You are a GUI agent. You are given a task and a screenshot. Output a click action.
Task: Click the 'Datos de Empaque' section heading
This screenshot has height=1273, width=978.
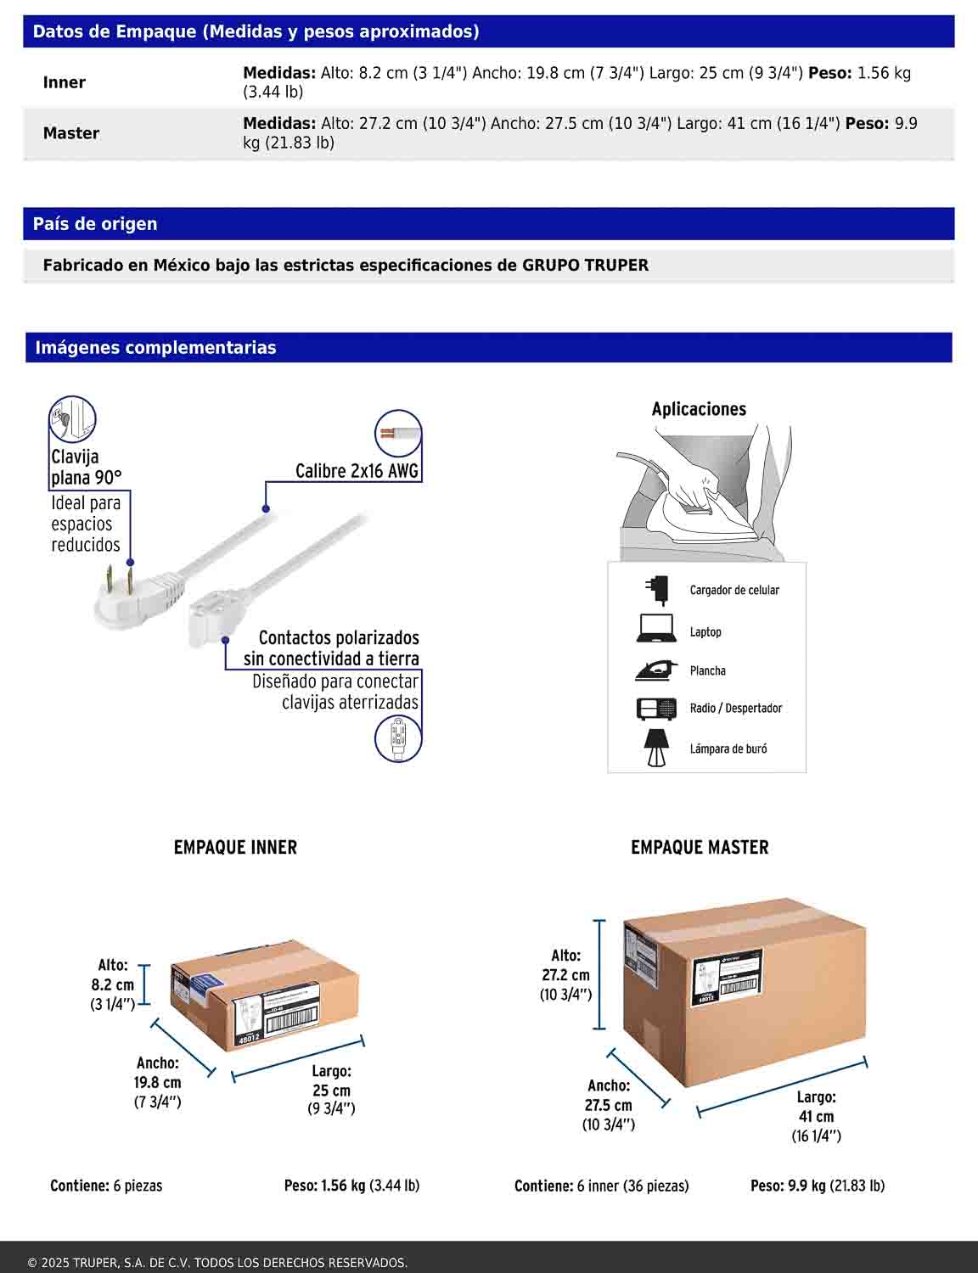(256, 32)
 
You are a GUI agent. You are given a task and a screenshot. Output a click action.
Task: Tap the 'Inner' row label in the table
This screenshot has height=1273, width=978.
(65, 82)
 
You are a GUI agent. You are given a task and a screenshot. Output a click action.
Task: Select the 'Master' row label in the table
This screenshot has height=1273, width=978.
(71, 133)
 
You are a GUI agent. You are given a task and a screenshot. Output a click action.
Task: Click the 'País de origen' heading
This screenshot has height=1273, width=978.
(95, 224)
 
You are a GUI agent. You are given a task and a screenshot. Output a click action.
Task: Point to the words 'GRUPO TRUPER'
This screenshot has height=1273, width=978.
(585, 265)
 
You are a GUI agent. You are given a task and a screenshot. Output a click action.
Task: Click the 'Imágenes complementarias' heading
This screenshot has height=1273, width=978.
(155, 347)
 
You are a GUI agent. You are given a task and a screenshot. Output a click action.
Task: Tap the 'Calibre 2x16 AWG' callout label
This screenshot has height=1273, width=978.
(357, 471)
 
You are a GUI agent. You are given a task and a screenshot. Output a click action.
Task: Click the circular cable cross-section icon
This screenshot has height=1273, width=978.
(397, 434)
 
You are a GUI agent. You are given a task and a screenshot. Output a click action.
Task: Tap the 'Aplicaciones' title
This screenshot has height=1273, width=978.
(699, 409)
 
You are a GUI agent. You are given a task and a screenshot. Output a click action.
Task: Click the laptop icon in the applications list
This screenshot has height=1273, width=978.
(655, 630)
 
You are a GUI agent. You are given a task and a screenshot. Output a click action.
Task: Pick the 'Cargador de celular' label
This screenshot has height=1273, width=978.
(734, 590)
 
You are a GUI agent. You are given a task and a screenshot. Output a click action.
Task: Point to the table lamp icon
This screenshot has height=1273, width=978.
(655, 748)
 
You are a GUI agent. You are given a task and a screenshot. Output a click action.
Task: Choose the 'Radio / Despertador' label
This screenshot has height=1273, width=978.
(735, 708)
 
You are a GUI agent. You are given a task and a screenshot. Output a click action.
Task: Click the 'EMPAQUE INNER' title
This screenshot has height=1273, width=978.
(235, 847)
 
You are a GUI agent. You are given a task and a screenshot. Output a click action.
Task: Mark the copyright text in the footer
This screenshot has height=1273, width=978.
(217, 1263)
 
